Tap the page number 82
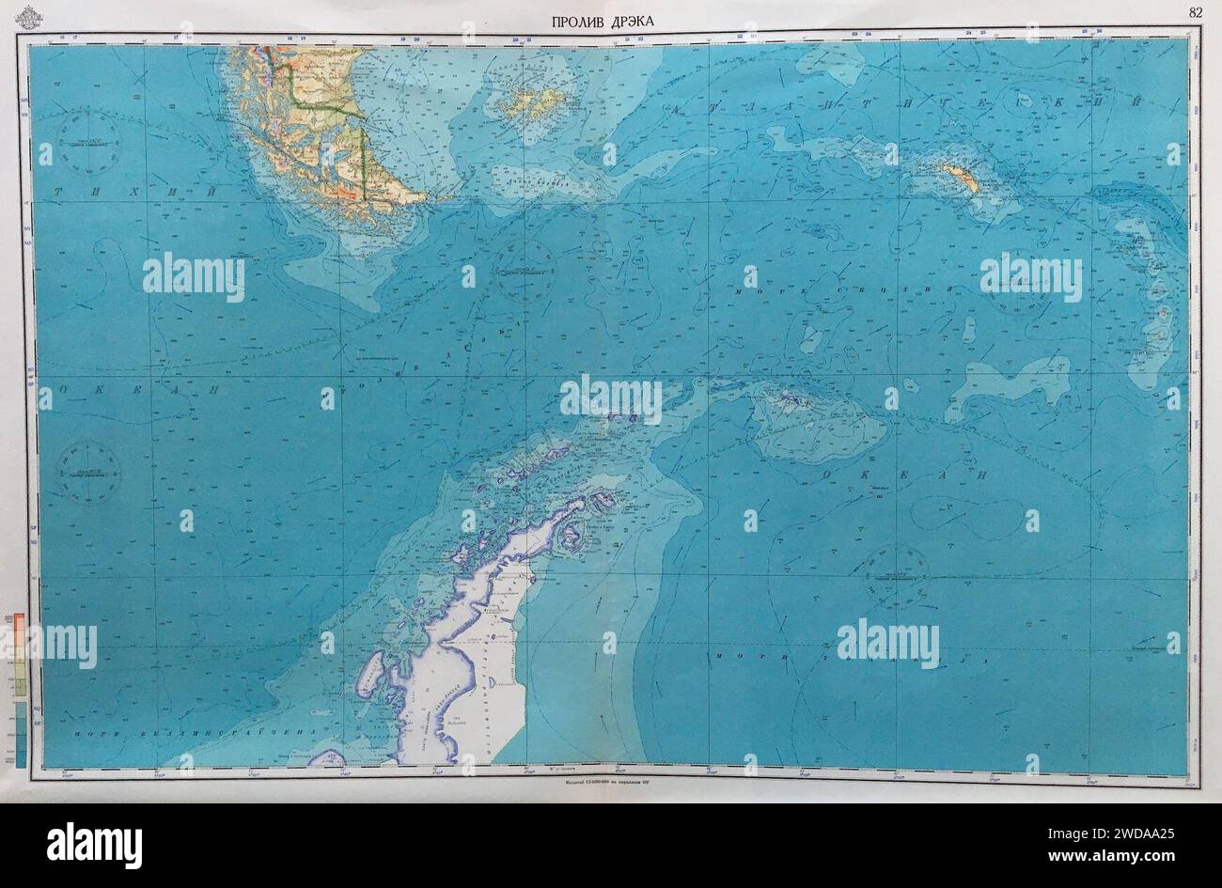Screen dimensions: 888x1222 click(x=1195, y=12)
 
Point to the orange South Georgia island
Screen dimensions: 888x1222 click(x=961, y=176)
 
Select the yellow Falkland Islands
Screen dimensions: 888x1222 click(x=532, y=104)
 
